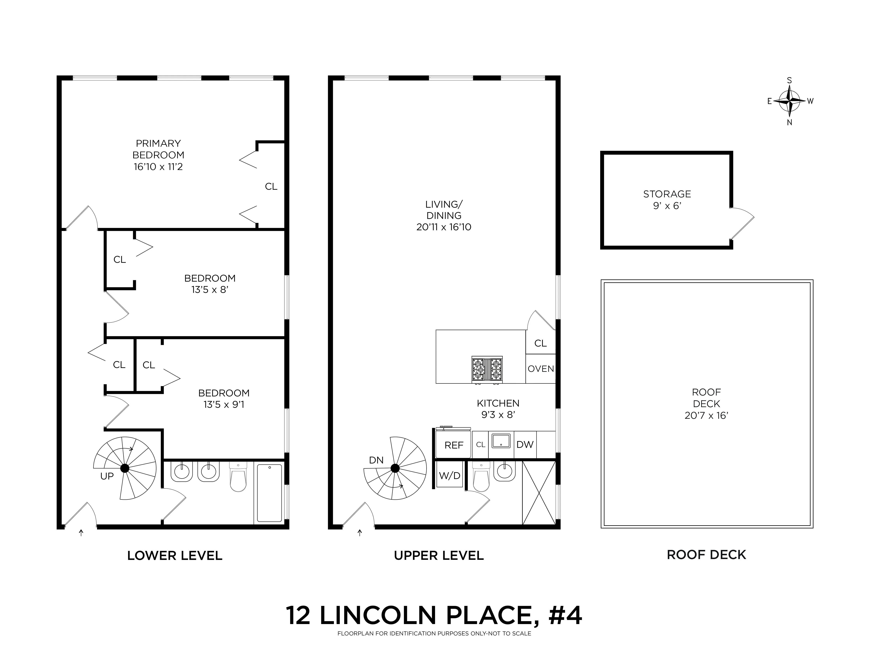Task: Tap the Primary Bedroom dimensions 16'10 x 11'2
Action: (158, 167)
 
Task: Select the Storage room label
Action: (667, 194)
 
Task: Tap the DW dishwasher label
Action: (525, 445)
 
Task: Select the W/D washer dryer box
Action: (449, 475)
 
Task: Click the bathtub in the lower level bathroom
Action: (269, 493)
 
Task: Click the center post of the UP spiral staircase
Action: (125, 468)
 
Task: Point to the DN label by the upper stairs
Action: (376, 460)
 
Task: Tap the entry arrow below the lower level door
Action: (81, 533)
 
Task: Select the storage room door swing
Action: (742, 224)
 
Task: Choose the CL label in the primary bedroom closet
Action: (271, 186)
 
